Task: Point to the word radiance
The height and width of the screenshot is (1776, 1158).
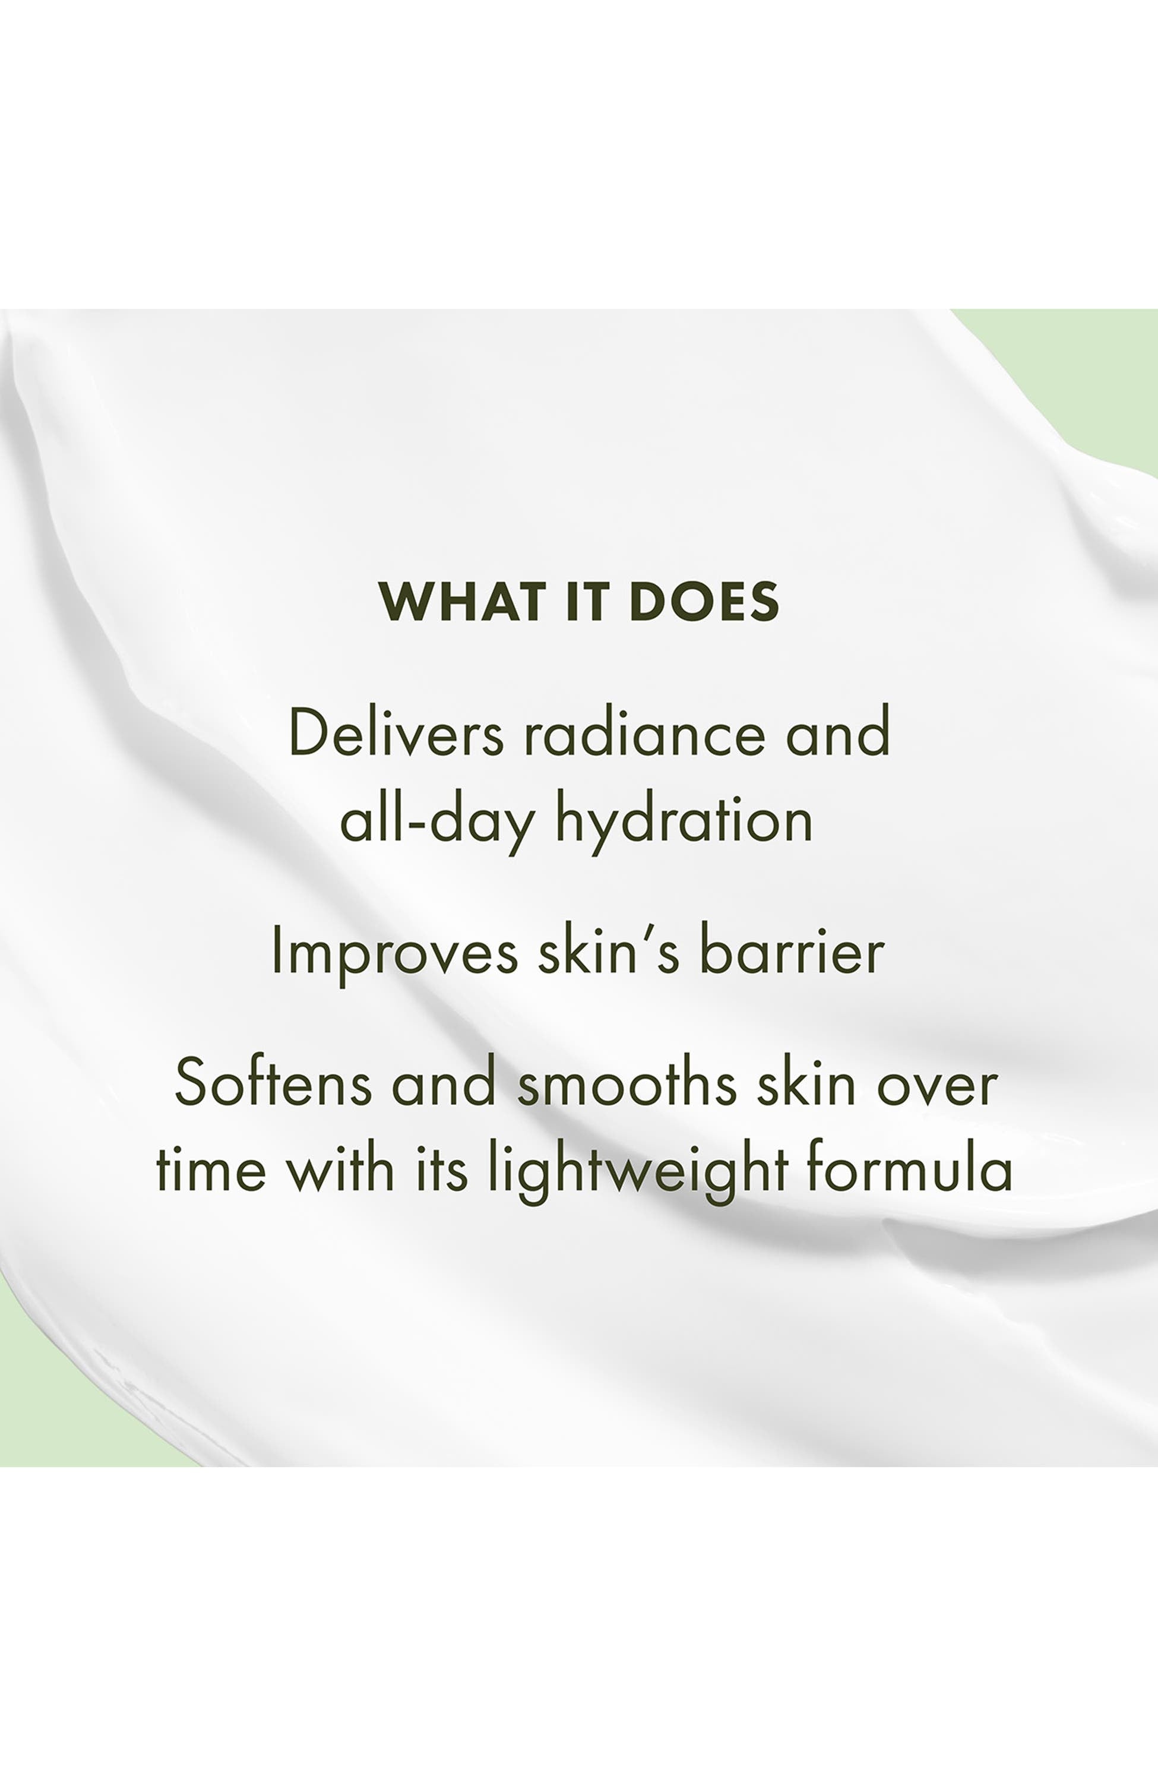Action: (644, 733)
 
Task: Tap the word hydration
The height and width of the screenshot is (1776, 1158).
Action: (684, 824)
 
